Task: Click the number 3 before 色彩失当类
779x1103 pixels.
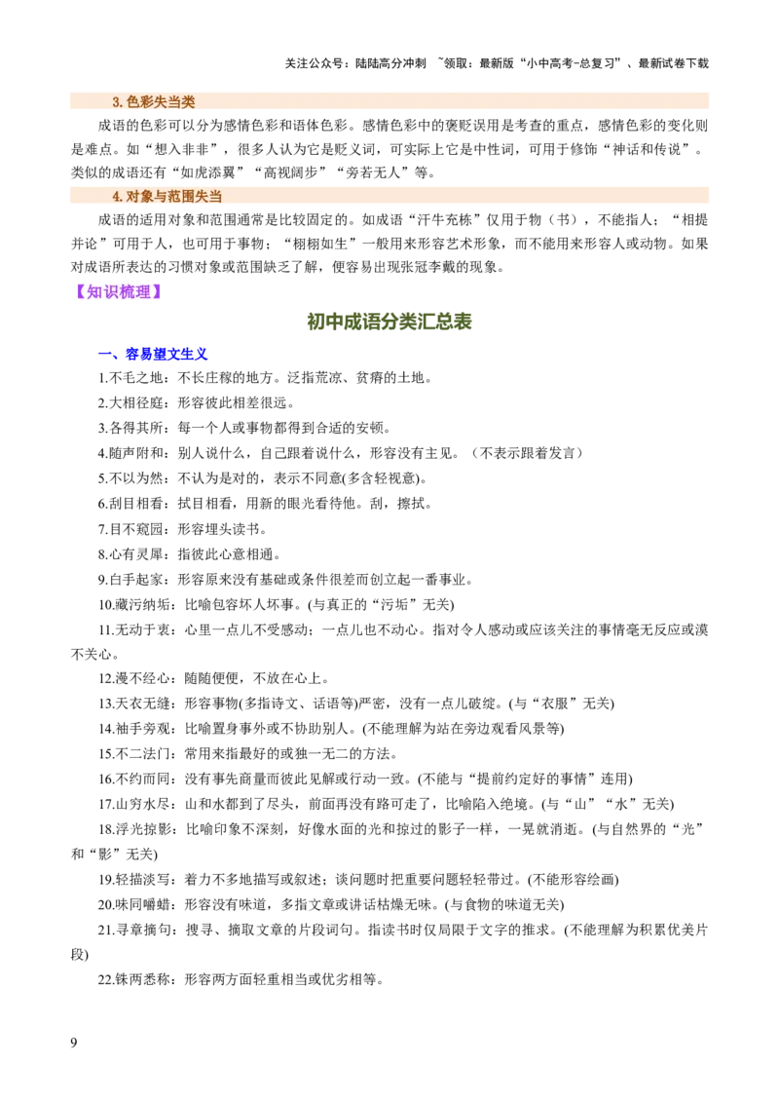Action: pos(116,101)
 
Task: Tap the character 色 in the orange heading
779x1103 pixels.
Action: pos(133,101)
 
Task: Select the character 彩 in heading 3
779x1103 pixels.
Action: pos(147,101)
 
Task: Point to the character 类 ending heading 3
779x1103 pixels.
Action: pos(189,101)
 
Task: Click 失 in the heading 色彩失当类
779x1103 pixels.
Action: pos(161,101)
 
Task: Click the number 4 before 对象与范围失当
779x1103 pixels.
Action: pos(116,196)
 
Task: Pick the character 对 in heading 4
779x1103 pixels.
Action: pos(133,196)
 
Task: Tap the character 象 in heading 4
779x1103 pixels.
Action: pos(147,196)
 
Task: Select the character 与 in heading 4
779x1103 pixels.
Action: pos(161,196)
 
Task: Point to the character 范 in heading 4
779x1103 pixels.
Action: pos(174,196)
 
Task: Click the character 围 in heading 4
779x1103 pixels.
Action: pos(188,196)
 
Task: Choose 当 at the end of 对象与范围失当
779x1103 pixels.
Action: pos(216,196)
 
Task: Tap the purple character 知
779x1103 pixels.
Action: pos(94,291)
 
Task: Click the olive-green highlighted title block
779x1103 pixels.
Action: pos(389,322)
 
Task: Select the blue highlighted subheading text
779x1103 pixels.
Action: pos(166,355)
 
